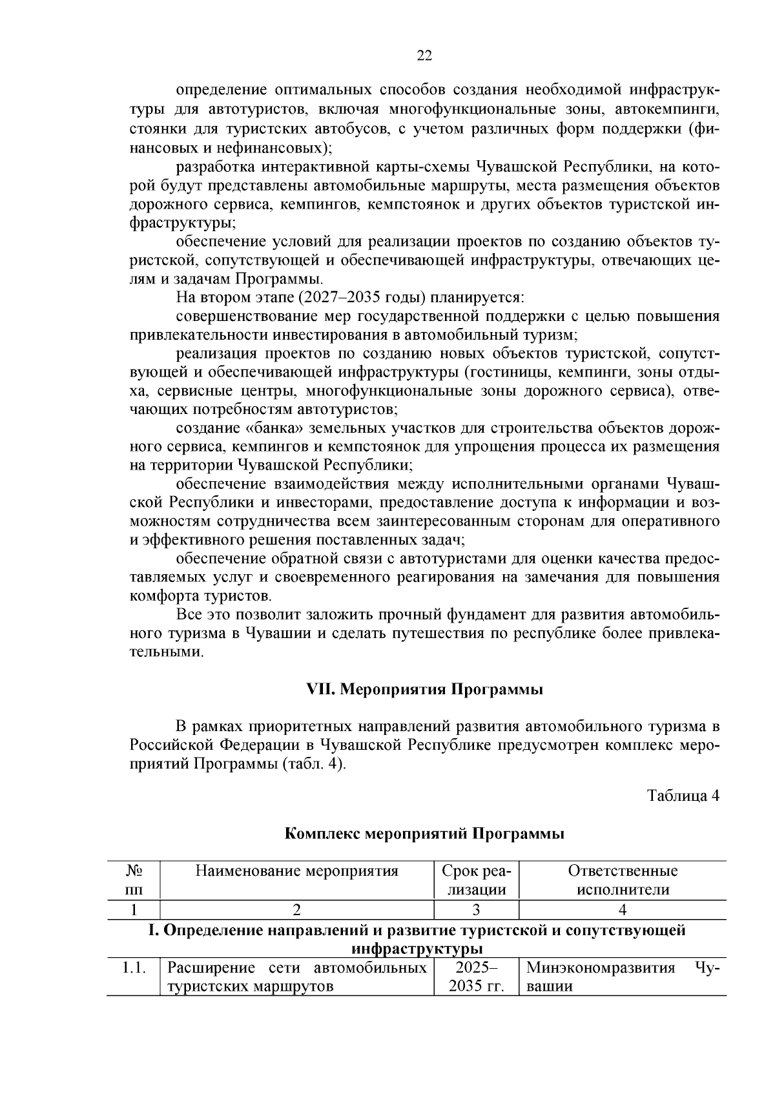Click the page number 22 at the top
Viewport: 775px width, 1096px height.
pos(424,56)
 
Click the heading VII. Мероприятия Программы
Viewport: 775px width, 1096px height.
pos(424,689)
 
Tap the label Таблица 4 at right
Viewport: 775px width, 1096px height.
pos(683,795)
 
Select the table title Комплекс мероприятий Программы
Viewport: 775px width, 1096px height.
pos(424,833)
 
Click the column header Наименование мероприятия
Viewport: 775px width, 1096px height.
pos(296,871)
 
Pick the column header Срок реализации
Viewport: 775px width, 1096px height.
pos(476,880)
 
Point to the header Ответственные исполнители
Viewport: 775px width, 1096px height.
pos(623,880)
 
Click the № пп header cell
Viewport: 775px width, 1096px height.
pos(134,880)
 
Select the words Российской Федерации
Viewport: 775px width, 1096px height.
pos(213,745)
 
